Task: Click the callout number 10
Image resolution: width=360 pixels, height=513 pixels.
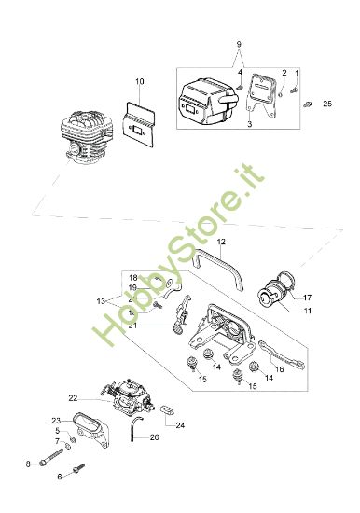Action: [x=139, y=81]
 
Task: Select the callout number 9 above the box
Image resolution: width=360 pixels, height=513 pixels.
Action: [x=239, y=44]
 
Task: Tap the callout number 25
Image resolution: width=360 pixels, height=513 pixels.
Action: [x=327, y=104]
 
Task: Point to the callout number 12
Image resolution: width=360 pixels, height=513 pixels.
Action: [x=221, y=242]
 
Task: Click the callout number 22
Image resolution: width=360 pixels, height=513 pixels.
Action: [x=73, y=398]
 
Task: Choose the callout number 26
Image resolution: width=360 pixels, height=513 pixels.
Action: [x=154, y=437]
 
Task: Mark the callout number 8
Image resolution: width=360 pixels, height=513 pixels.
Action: [x=28, y=464]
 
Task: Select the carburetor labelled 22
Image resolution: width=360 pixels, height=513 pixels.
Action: [x=129, y=396]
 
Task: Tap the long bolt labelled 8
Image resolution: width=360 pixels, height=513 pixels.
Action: [x=51, y=456]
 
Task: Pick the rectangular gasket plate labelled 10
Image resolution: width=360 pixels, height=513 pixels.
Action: [x=139, y=124]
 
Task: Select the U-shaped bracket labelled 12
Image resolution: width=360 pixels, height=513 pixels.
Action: [x=218, y=270]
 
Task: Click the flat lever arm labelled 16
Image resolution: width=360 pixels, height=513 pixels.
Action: [x=282, y=355]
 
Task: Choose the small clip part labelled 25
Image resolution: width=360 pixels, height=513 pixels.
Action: [x=307, y=104]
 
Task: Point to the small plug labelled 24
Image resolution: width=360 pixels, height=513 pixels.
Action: [x=168, y=410]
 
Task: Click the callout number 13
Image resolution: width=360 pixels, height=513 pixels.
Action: [x=101, y=301]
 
